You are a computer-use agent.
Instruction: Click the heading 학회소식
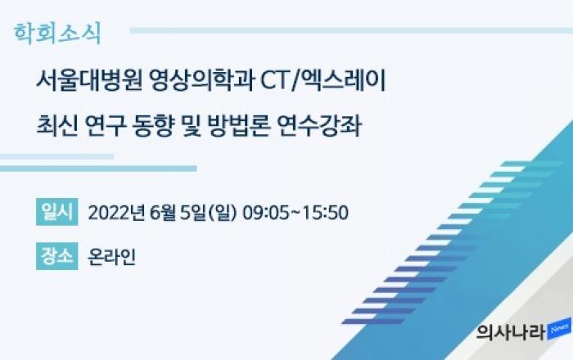[x=57, y=34]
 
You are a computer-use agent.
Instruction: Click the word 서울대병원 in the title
[x=89, y=81]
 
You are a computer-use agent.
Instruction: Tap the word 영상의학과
[x=202, y=81]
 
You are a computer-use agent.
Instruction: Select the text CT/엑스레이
[x=323, y=81]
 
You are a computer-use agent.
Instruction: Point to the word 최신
[x=57, y=125]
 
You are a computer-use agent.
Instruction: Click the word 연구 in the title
[x=106, y=125]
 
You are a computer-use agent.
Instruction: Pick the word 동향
[x=152, y=125]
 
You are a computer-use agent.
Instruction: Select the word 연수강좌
[x=320, y=125]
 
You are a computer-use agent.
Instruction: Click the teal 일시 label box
[x=57, y=212]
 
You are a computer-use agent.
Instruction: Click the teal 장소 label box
[x=57, y=256]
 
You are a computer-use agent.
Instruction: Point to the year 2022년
[x=115, y=213]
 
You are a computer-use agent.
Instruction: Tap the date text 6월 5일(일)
[x=193, y=213]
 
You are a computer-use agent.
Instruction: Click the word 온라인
[x=112, y=257]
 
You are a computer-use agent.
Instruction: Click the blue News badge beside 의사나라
[x=559, y=329]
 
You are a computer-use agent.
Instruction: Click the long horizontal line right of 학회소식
[x=351, y=30]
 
